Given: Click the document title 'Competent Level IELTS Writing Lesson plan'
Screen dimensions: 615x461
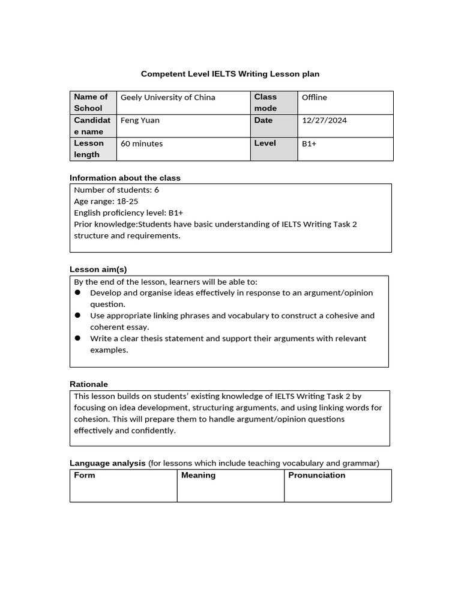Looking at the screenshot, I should [230, 74].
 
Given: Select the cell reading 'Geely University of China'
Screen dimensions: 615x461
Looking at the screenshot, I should [167, 97].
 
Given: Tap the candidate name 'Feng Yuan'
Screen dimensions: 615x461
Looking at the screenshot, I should [140, 120].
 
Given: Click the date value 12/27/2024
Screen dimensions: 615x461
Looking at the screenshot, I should [324, 120].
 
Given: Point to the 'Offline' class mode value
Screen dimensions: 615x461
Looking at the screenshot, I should [314, 97].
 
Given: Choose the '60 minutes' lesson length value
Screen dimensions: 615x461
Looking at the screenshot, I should [142, 144].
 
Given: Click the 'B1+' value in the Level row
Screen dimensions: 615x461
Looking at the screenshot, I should [309, 144].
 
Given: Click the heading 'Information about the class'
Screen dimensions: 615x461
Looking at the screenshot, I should [125, 178].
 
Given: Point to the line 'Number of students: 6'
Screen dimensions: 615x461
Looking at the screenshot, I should [116, 190].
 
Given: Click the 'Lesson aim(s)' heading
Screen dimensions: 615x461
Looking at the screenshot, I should [98, 269].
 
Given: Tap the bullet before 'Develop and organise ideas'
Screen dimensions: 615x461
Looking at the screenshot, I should [78, 292].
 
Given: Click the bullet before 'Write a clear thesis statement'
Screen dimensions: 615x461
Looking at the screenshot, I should [78, 338].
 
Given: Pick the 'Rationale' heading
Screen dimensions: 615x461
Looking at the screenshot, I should [89, 384].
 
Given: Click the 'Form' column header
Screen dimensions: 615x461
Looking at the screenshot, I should [85, 475].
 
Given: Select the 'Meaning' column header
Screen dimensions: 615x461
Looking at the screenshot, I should [198, 475].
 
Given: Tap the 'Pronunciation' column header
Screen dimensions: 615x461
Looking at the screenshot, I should [316, 475].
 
